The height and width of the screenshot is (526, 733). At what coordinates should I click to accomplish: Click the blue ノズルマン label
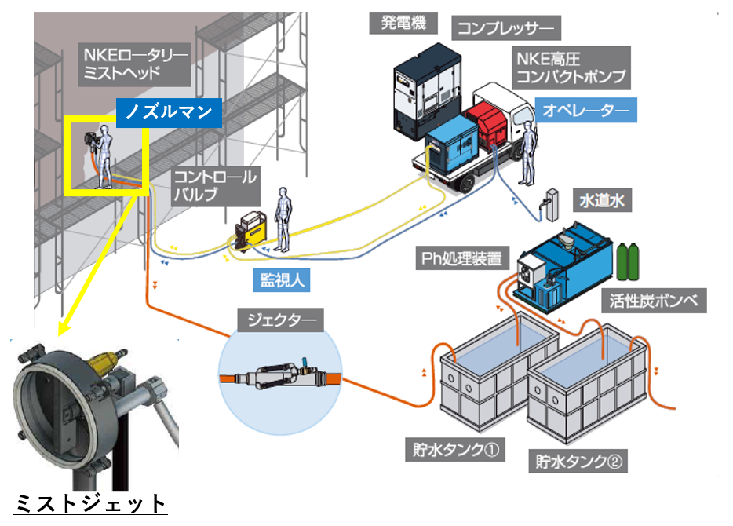coord(168,112)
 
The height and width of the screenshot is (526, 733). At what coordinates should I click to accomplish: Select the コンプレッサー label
coord(505,30)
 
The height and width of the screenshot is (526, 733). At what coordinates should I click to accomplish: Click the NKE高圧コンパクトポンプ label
coord(571,67)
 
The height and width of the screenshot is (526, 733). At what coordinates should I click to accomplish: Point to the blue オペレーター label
coord(585,111)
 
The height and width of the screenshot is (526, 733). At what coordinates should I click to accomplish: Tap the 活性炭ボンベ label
coord(658,299)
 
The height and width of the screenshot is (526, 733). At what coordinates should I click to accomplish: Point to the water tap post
coord(550,203)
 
